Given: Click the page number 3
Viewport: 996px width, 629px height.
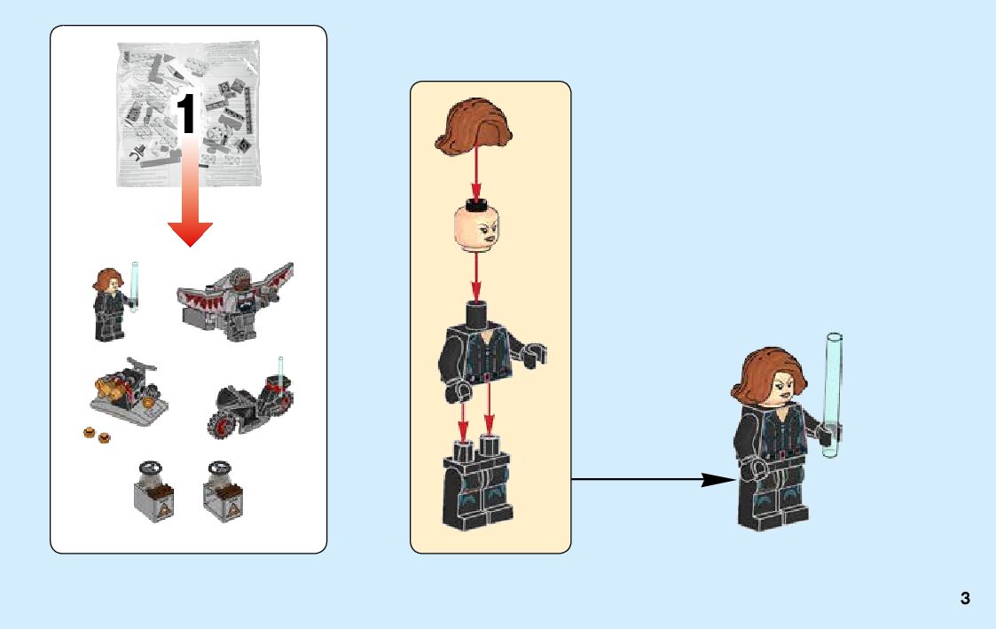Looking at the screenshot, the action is (x=965, y=599).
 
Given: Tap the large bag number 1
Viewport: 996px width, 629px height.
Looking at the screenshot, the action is (x=186, y=115).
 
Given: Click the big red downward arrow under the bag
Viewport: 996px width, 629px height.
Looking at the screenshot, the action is (x=190, y=208).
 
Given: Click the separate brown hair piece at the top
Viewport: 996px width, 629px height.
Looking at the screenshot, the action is (x=476, y=128).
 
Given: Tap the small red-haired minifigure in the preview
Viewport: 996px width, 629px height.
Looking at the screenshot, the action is (x=107, y=303).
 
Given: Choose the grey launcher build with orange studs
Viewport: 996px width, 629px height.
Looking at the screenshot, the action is (x=129, y=391).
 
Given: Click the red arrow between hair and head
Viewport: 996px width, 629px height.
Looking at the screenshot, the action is (x=476, y=173).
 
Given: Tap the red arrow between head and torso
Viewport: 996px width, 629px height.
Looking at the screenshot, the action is (x=476, y=278).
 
